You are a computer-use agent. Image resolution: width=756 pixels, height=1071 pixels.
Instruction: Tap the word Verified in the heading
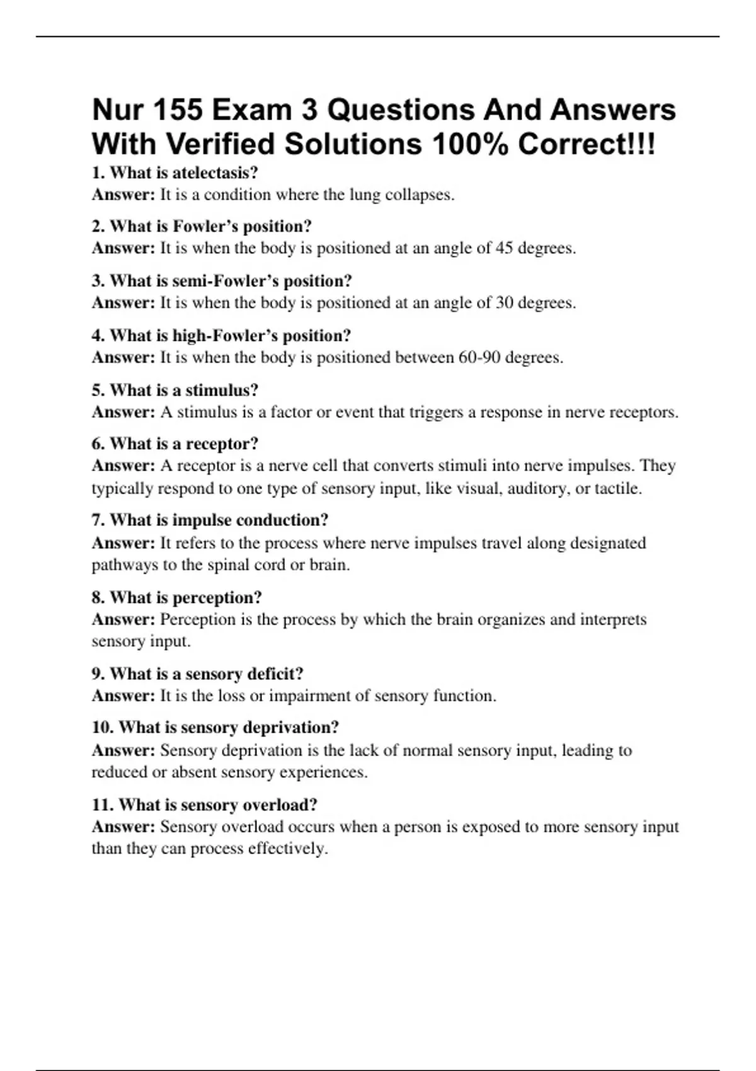pyautogui.click(x=221, y=144)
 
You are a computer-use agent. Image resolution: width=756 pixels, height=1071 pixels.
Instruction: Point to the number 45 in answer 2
pyautogui.click(x=504, y=248)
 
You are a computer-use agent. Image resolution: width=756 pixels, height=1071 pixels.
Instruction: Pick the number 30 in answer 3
pyautogui.click(x=504, y=303)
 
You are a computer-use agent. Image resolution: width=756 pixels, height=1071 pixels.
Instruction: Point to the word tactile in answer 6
pyautogui.click(x=616, y=489)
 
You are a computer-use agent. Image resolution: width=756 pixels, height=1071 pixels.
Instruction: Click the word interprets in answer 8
pyautogui.click(x=613, y=620)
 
